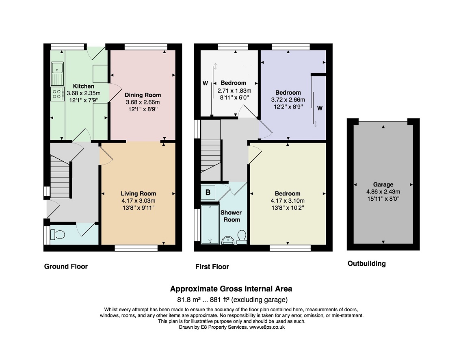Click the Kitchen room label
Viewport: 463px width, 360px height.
point(84,86)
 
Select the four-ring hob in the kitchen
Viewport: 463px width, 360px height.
point(57,94)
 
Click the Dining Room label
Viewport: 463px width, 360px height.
point(143,95)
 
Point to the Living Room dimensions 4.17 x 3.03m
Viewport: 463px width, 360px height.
point(138,201)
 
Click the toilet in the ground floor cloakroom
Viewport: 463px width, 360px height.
point(58,235)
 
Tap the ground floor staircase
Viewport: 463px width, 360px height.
point(60,177)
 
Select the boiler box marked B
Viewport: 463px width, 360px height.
point(208,193)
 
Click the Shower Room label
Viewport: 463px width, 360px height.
point(231,216)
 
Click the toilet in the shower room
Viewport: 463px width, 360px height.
point(242,237)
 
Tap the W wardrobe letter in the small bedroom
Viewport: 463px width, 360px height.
point(205,84)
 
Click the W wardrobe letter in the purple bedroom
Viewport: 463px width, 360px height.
point(320,108)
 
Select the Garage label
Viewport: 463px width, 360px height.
point(383,185)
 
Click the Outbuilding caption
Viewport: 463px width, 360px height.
point(366,263)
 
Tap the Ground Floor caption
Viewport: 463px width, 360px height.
point(66,267)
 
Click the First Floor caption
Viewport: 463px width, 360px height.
point(212,267)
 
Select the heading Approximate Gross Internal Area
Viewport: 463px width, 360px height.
point(231,289)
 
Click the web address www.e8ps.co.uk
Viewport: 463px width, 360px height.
point(267,327)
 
